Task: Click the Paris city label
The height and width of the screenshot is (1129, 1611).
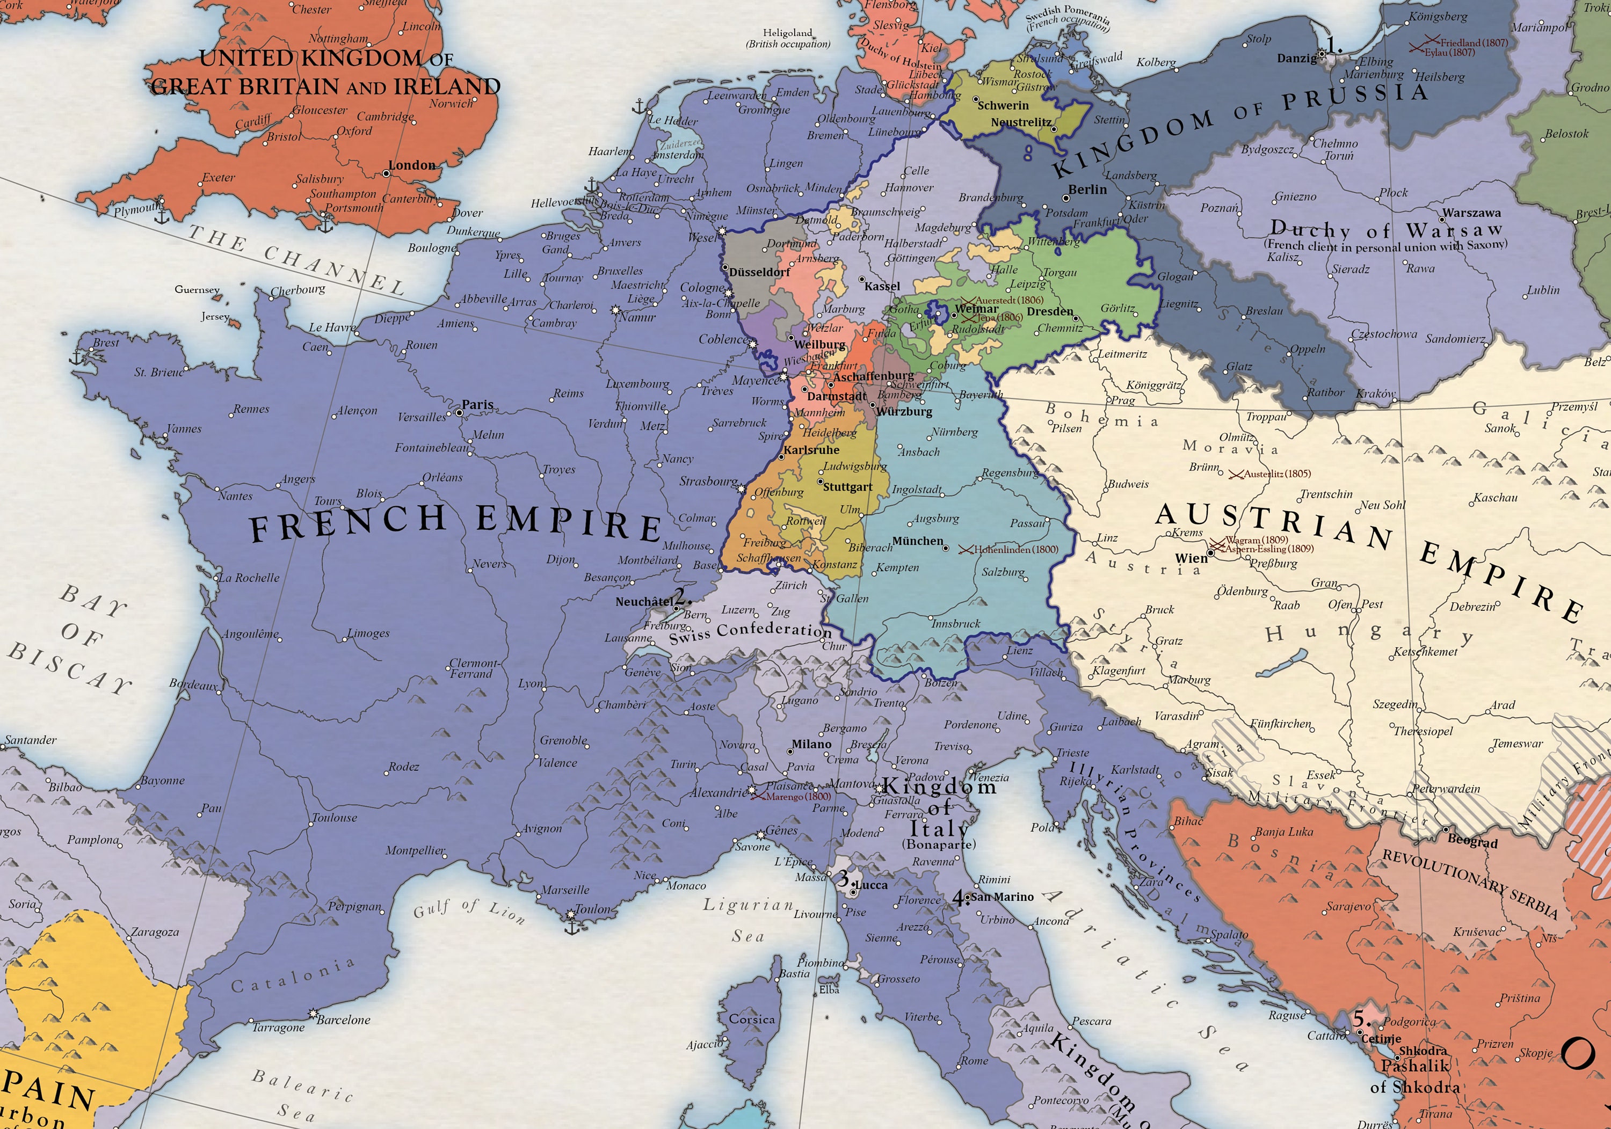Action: (477, 405)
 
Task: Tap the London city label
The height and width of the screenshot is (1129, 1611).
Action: (412, 165)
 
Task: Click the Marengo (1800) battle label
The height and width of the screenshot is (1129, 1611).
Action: (798, 796)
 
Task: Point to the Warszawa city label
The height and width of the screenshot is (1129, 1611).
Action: (1471, 213)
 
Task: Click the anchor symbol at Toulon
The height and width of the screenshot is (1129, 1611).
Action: (572, 928)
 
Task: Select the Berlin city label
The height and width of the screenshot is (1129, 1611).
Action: (1087, 190)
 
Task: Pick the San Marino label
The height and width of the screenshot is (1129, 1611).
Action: (1003, 897)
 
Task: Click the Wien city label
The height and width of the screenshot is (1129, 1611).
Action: (1192, 558)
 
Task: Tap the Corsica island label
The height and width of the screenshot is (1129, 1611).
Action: (752, 1019)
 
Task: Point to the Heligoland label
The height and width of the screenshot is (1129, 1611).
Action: (787, 33)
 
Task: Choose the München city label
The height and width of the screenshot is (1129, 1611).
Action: (918, 541)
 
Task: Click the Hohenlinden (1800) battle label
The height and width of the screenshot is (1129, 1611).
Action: (1015, 549)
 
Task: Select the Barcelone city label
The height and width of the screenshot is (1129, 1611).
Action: (343, 1019)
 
